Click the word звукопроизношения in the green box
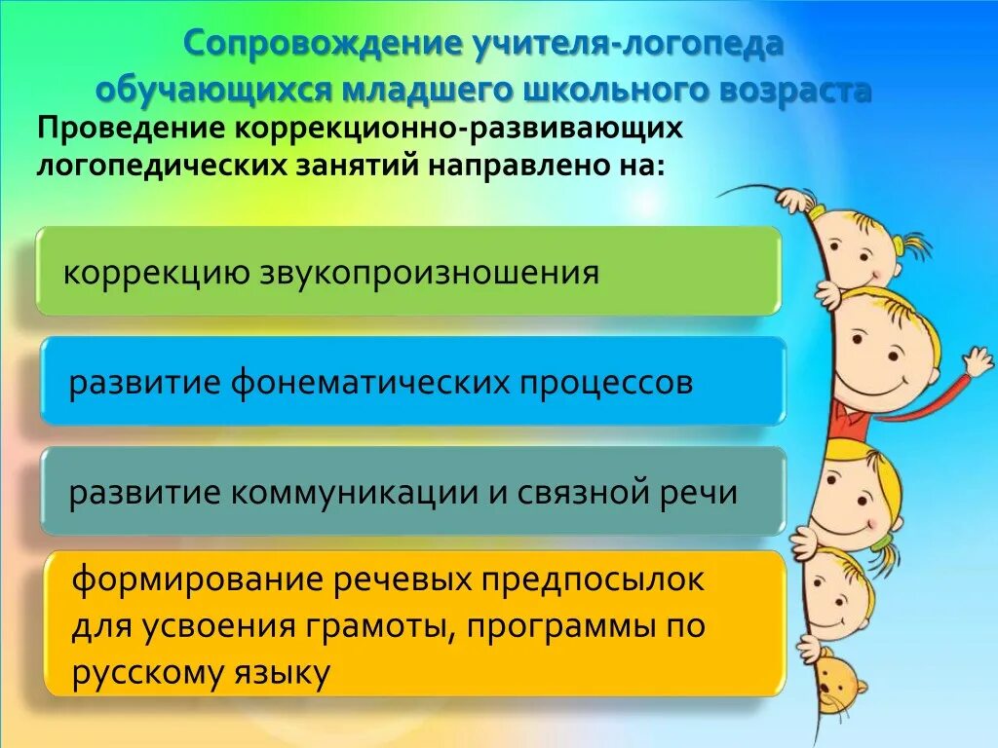[429, 272]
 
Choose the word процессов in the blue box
[606, 382]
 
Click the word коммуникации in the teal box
[353, 492]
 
